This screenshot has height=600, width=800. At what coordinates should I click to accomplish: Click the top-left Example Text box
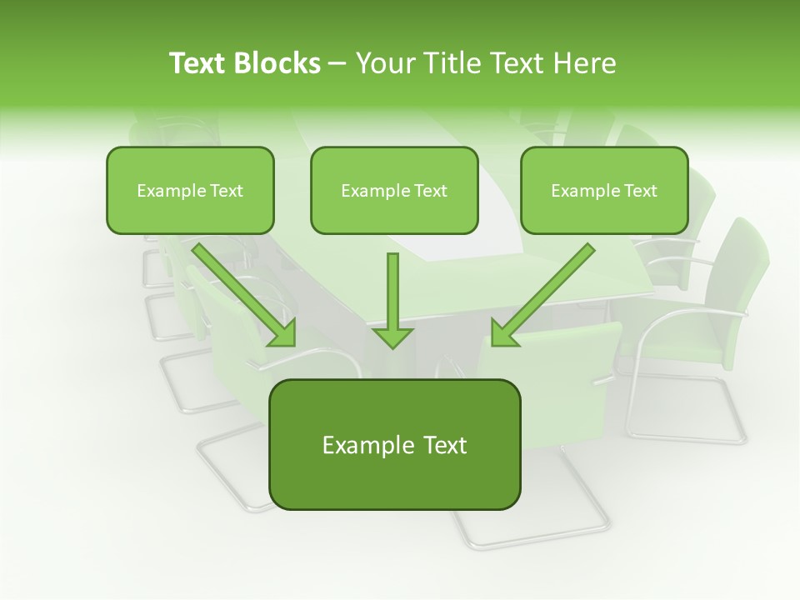pyautogui.click(x=190, y=190)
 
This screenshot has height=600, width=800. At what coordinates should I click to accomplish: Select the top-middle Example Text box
pyautogui.click(x=394, y=190)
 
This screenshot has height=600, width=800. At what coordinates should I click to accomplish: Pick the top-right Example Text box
pyautogui.click(x=604, y=190)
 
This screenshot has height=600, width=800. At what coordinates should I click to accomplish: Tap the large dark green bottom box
pyautogui.click(x=394, y=445)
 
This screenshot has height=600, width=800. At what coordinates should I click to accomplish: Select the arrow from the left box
pyautogui.click(x=242, y=292)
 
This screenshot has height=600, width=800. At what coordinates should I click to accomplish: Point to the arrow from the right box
pyautogui.click(x=546, y=292)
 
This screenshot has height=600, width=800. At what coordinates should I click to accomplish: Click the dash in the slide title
pyautogui.click(x=337, y=63)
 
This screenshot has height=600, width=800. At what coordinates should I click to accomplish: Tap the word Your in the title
pyautogui.click(x=385, y=63)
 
